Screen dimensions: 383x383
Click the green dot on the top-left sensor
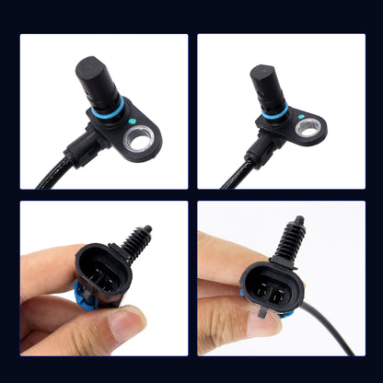coord(134,120)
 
